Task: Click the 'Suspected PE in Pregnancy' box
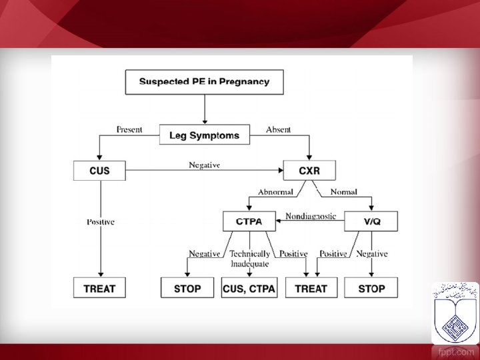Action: (205, 82)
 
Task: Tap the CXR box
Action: (309, 171)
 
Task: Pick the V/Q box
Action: (371, 221)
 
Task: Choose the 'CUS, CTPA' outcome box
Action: (249, 289)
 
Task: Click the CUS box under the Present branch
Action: (100, 171)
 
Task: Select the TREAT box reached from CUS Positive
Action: (100, 289)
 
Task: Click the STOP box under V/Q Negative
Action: (371, 289)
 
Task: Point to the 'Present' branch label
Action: (129, 129)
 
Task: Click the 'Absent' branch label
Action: (279, 129)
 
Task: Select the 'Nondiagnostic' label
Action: (311, 215)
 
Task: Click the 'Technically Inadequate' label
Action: (249, 258)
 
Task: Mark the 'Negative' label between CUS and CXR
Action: (204, 165)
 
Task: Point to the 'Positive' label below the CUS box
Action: (101, 222)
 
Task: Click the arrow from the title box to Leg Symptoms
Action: (205, 108)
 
